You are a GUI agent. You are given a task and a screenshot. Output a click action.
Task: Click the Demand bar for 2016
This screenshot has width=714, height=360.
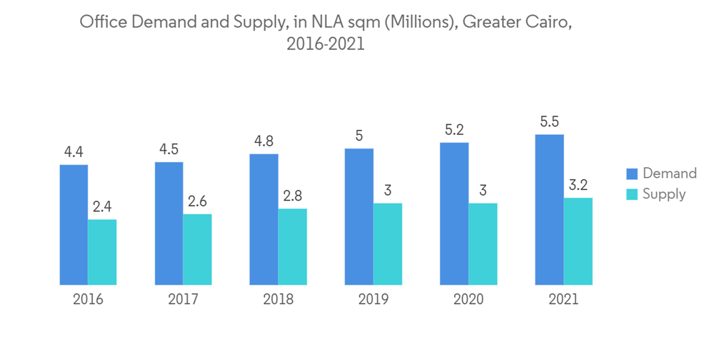(x=74, y=224)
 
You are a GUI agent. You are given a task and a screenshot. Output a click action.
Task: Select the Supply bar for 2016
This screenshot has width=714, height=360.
(x=102, y=251)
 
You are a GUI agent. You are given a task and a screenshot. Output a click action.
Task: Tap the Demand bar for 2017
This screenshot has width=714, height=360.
(x=169, y=223)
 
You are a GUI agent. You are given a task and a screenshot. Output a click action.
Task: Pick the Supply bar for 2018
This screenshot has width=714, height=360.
(x=292, y=246)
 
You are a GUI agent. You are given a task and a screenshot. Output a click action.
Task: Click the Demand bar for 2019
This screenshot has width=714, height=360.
(x=358, y=216)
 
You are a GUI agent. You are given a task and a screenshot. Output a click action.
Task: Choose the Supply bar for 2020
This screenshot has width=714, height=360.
(x=483, y=244)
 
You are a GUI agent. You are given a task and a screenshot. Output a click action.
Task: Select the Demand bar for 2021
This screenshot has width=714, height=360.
(x=549, y=209)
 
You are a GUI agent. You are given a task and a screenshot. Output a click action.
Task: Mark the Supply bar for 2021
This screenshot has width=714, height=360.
(x=578, y=241)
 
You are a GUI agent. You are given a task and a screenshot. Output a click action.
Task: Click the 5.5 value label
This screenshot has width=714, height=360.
(x=549, y=122)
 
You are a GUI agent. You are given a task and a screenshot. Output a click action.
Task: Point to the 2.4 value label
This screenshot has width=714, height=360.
(x=102, y=207)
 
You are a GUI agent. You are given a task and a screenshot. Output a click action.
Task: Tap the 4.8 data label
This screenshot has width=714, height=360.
(x=263, y=141)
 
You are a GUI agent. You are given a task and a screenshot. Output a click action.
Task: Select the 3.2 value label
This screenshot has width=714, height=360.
(x=578, y=186)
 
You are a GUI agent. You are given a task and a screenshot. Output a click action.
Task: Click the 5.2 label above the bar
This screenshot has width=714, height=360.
(x=454, y=130)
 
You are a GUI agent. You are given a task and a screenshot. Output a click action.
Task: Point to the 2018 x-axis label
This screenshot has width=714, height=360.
(x=278, y=299)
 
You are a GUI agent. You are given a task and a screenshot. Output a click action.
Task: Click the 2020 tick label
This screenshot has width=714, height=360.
(x=468, y=299)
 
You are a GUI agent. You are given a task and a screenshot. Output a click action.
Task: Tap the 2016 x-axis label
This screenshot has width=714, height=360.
(x=88, y=299)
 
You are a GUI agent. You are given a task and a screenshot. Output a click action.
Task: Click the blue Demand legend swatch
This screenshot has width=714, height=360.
(x=632, y=174)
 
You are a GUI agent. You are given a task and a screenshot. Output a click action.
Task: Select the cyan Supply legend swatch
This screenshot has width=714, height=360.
(x=632, y=194)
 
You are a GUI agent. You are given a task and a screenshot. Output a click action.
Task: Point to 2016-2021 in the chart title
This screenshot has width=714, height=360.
(x=326, y=44)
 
